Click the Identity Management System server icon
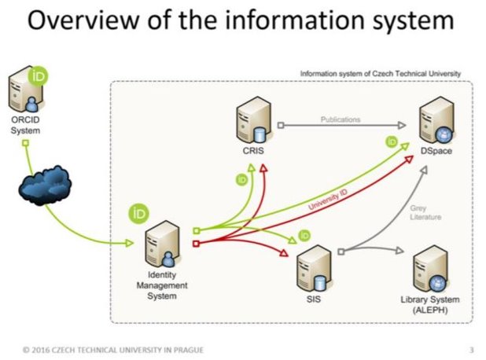pyautogui.click(x=164, y=240)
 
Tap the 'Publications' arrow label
pyautogui.click(x=340, y=119)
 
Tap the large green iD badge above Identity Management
pyautogui.click(x=139, y=213)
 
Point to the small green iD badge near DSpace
pyautogui.click(x=391, y=141)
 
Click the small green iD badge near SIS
pyautogui.click(x=304, y=235)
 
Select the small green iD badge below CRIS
pyautogui.click(x=241, y=180)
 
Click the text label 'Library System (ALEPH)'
pyautogui.click(x=429, y=305)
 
